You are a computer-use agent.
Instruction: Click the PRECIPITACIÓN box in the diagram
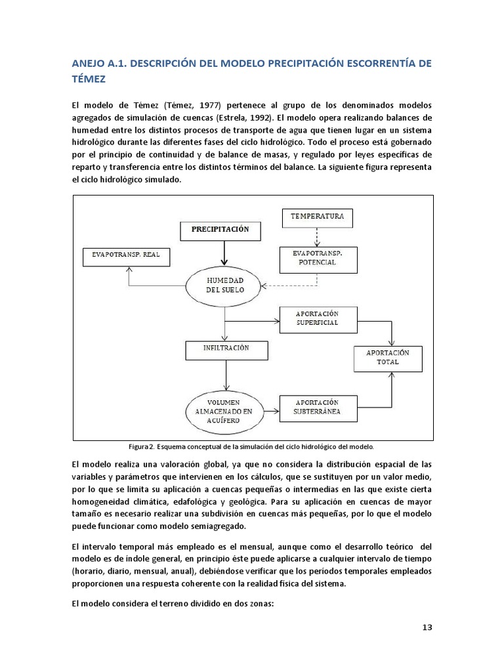point(220,230)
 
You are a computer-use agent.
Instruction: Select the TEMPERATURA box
point(316,216)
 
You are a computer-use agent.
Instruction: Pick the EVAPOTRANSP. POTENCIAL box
point(318,257)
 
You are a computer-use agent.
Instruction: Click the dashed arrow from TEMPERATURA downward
point(316,235)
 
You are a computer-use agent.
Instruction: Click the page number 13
point(427,627)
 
